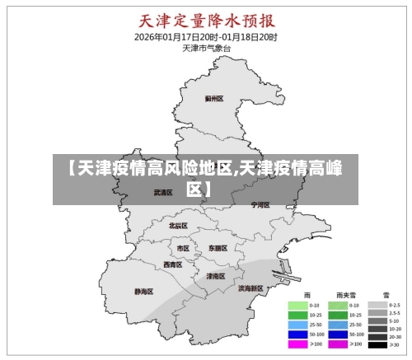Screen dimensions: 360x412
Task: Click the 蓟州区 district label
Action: [x=214, y=98]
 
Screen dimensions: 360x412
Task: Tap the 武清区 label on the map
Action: [x=163, y=193]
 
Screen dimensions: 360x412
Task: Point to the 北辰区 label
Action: [x=178, y=225]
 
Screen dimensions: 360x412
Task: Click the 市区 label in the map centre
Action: [x=183, y=248]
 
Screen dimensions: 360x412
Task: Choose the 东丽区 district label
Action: [x=218, y=248]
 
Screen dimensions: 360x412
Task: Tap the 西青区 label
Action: [x=172, y=265]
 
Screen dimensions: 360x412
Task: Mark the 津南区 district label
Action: [x=216, y=276]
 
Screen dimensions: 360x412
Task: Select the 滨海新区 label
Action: [x=250, y=289]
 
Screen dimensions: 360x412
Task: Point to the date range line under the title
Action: [x=206, y=37]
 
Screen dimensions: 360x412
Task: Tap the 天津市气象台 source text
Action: [x=206, y=49]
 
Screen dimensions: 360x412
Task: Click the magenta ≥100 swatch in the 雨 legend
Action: [x=296, y=344]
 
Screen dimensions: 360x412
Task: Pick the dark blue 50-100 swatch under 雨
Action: [x=296, y=334]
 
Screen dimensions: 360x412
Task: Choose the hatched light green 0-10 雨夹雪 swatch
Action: [x=336, y=305]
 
